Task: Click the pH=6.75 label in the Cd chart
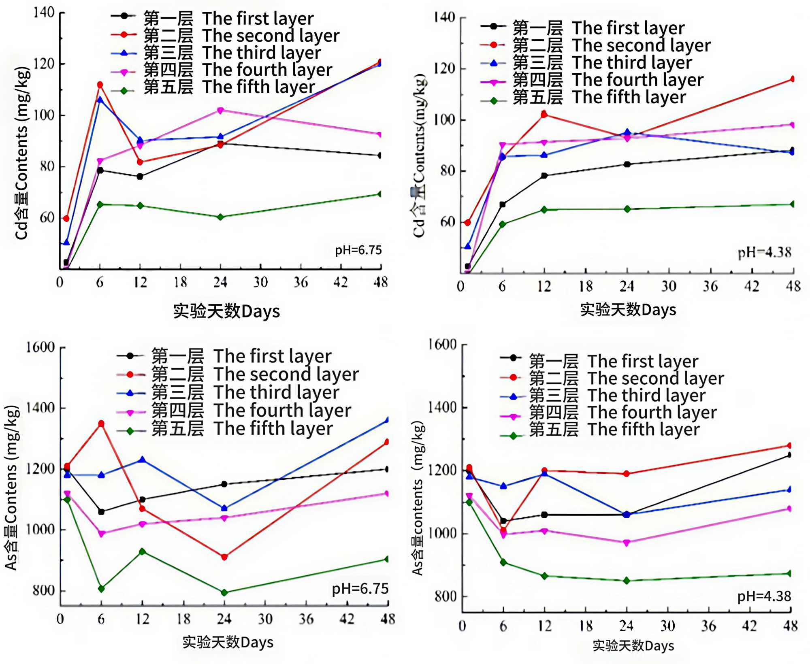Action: click(x=358, y=250)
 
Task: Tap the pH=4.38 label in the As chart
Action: click(x=764, y=596)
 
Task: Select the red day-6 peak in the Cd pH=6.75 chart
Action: click(x=100, y=85)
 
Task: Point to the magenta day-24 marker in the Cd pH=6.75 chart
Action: click(x=220, y=111)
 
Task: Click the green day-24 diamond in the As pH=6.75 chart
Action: click(x=224, y=592)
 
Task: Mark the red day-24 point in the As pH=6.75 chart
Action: click(x=224, y=557)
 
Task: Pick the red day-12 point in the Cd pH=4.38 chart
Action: click(x=544, y=115)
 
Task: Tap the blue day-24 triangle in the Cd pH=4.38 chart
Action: click(x=627, y=132)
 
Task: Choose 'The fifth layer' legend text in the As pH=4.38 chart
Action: click(x=644, y=429)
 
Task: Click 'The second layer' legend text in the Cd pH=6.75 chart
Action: click(x=271, y=36)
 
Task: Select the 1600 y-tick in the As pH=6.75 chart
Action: click(x=40, y=347)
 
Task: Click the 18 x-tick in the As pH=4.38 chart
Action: click(x=586, y=626)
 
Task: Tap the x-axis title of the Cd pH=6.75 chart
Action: click(x=226, y=311)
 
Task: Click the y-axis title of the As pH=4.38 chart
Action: click(x=418, y=498)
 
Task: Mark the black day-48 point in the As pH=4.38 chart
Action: click(x=789, y=455)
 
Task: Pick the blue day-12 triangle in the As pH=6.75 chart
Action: click(x=142, y=460)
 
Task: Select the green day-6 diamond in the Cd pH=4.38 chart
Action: click(x=503, y=224)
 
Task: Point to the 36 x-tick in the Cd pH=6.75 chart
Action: click(x=301, y=282)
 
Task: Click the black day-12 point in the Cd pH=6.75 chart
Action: click(x=140, y=177)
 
